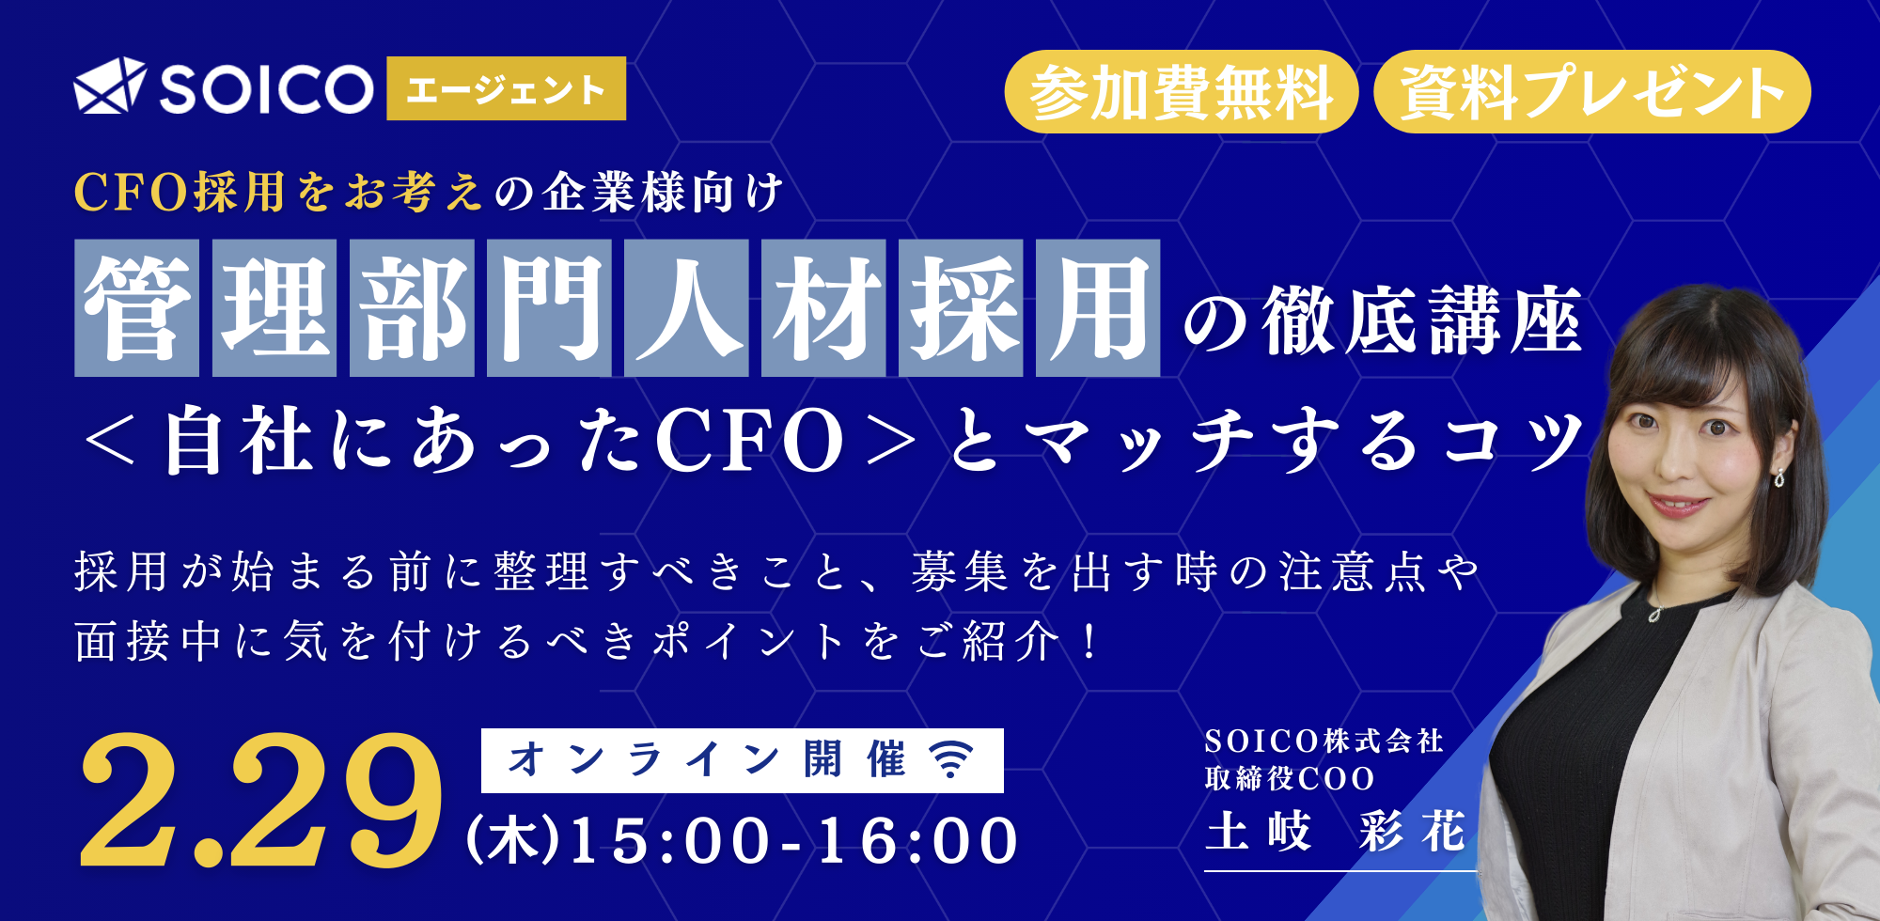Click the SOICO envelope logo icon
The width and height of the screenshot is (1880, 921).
(x=109, y=86)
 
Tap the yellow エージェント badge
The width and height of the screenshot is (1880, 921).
(x=506, y=89)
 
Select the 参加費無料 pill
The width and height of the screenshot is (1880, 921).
(x=1181, y=92)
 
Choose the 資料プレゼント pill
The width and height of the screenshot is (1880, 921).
(x=1591, y=92)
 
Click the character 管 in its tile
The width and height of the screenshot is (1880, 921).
(x=137, y=308)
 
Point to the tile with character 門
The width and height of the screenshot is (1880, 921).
(x=549, y=308)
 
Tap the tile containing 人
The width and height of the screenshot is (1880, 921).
(x=686, y=308)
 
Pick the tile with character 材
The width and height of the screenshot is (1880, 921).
(x=823, y=308)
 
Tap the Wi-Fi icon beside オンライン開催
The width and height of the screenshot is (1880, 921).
(x=951, y=759)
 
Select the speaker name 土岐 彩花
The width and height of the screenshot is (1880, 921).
(x=1335, y=832)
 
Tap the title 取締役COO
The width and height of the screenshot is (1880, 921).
(x=1290, y=779)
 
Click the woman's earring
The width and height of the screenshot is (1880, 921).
(x=1779, y=477)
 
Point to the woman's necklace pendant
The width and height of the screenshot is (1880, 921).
(x=1655, y=614)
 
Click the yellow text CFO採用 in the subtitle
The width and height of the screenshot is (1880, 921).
(x=180, y=193)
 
